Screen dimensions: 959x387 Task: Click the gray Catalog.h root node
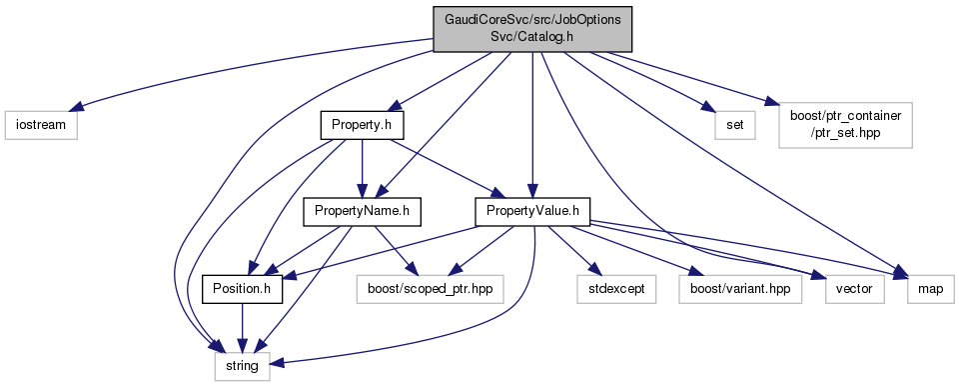(532, 29)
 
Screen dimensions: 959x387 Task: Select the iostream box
(41, 126)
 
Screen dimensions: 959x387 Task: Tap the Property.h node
(363, 126)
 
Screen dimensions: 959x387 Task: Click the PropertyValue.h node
(532, 211)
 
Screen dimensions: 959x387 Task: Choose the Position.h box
(243, 289)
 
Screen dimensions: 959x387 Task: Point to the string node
(242, 367)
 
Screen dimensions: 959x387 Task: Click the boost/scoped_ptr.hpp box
(430, 289)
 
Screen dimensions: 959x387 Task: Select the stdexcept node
(616, 289)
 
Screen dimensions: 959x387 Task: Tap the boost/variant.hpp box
(739, 289)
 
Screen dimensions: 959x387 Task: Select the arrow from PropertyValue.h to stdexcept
(571, 248)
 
